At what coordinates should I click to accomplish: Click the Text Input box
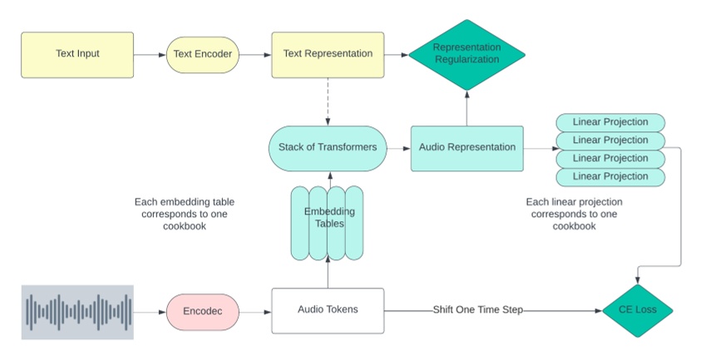(x=77, y=54)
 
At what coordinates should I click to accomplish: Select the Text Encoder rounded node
(x=202, y=54)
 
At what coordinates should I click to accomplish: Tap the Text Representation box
(x=328, y=54)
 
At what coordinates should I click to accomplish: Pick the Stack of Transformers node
(x=328, y=148)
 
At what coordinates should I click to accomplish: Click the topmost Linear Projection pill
(x=610, y=122)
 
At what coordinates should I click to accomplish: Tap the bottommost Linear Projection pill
(x=610, y=176)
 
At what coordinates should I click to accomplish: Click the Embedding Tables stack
(x=328, y=223)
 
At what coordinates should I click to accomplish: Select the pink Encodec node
(x=202, y=311)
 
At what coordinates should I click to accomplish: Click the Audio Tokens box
(x=328, y=311)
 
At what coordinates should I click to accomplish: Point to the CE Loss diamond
(x=639, y=311)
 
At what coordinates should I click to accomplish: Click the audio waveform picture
(x=77, y=312)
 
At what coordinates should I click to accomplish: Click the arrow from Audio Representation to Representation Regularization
(x=466, y=108)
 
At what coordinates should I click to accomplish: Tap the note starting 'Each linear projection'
(x=575, y=214)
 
